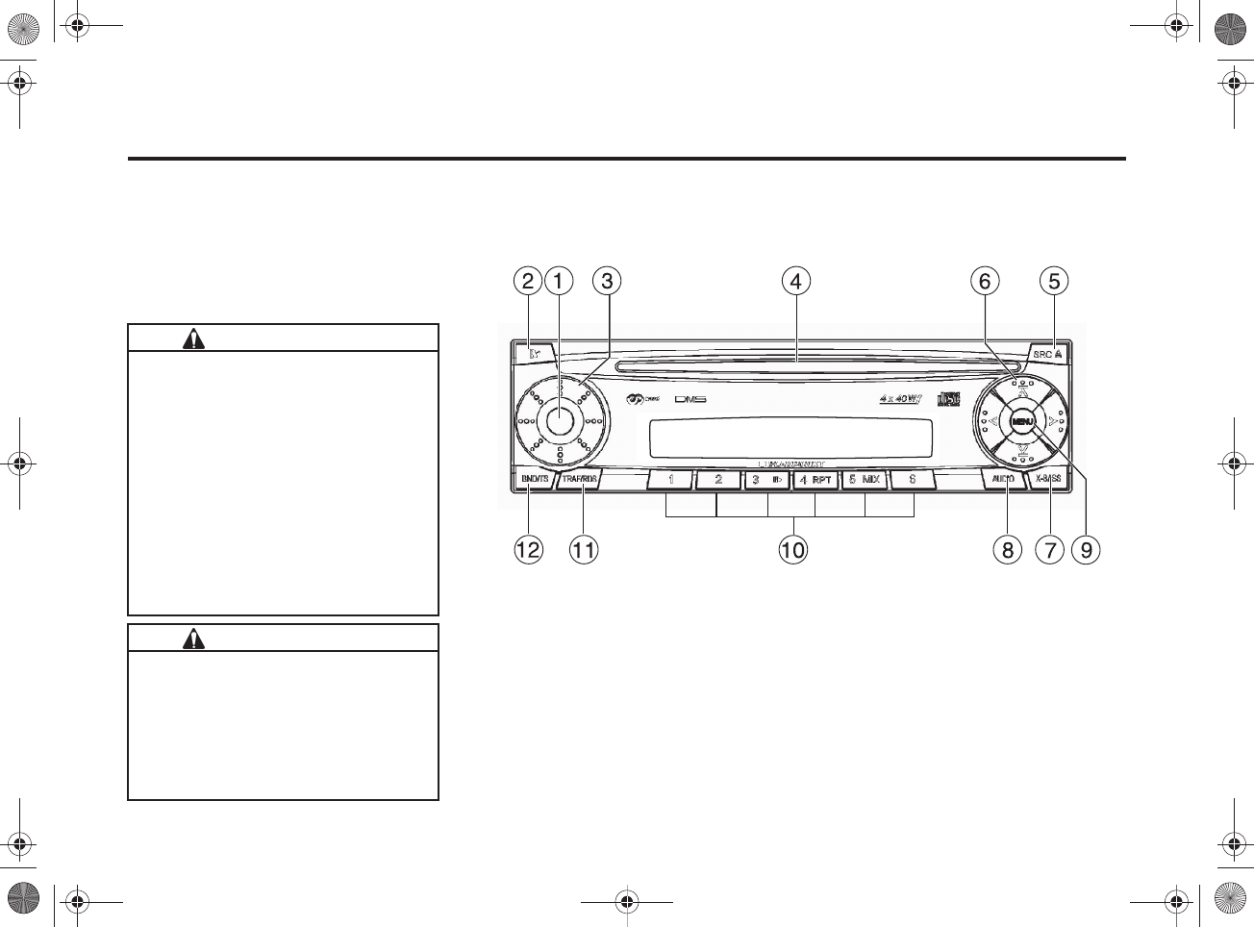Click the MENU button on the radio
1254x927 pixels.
pyautogui.click(x=1021, y=421)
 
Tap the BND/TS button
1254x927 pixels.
pyautogui.click(x=534, y=479)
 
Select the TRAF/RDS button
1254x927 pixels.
pyautogui.click(x=580, y=479)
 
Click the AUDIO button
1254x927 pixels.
pyautogui.click(x=1003, y=479)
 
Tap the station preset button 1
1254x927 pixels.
pyautogui.click(x=671, y=479)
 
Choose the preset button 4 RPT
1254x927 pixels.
pyautogui.click(x=815, y=479)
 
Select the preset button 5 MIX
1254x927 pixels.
pyautogui.click(x=864, y=479)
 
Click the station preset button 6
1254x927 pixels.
pyautogui.click(x=912, y=479)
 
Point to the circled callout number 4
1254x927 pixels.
pyautogui.click(x=795, y=281)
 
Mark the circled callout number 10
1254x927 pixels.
pyautogui.click(x=793, y=550)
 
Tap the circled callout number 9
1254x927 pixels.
pyautogui.click(x=1086, y=550)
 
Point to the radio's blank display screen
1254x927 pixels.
pyautogui.click(x=790, y=439)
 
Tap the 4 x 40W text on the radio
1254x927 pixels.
pyautogui.click(x=900, y=399)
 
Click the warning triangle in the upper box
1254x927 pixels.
pyautogui.click(x=194, y=338)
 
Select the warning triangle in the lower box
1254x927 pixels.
pyautogui.click(x=194, y=639)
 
